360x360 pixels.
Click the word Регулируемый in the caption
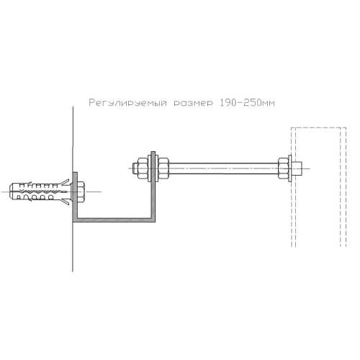127,103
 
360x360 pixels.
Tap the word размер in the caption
193,104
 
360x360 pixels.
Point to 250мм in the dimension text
259,103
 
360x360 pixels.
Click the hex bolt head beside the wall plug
81,192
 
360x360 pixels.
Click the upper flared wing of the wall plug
65,182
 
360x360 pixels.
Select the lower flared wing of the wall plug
65,201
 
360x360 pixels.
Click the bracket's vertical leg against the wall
75,197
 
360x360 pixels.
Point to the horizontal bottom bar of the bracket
114,220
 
